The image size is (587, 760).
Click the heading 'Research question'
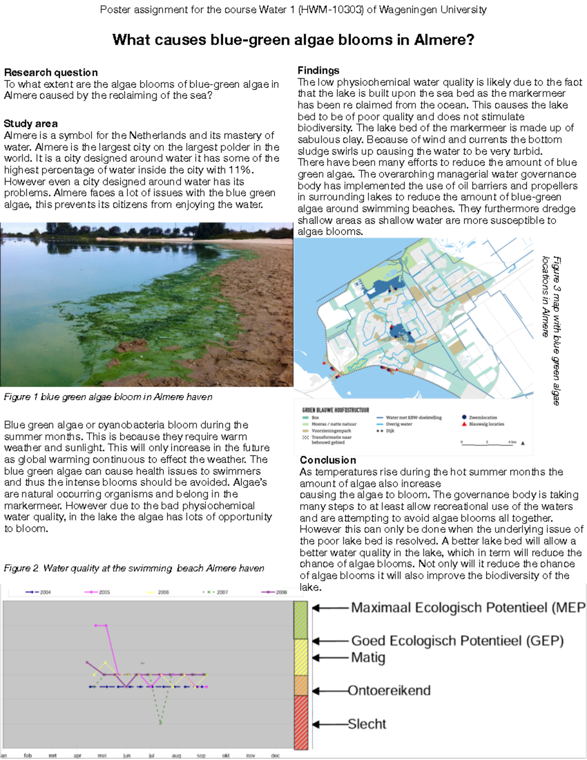[x=51, y=72]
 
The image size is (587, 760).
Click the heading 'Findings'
[x=318, y=70]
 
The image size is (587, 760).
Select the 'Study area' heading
[x=31, y=123]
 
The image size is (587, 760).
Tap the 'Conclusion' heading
[x=328, y=460]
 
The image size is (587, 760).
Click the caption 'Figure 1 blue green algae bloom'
[x=108, y=397]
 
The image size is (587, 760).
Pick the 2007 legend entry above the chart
[x=216, y=592]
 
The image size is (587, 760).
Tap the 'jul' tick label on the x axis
[x=151, y=756]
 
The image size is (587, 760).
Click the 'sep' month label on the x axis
[x=201, y=756]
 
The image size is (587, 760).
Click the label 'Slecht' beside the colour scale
[x=367, y=724]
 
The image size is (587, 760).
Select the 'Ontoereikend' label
[x=389, y=691]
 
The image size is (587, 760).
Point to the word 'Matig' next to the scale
[x=368, y=658]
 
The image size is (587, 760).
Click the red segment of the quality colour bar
[x=301, y=722]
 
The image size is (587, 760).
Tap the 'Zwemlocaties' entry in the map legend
[x=482, y=417]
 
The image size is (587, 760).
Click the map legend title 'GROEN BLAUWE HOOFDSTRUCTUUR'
[x=336, y=410]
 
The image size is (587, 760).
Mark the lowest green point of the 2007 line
[x=160, y=722]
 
